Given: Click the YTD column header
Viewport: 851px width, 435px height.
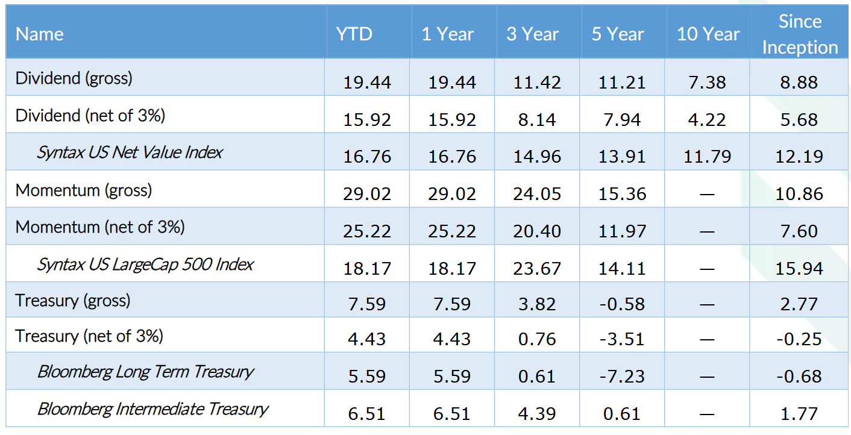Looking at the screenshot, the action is (354, 34).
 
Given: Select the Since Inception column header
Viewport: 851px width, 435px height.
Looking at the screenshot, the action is (800, 34).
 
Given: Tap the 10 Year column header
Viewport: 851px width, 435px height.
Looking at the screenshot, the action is (708, 34).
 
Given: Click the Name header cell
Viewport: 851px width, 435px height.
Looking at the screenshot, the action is (40, 34).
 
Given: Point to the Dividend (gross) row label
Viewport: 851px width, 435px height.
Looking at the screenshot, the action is (74, 79).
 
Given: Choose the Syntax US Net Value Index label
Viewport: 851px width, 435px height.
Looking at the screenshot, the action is (129, 152).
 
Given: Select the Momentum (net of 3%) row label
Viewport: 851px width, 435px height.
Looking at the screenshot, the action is (100, 227).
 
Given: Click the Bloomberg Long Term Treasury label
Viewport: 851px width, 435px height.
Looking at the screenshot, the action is (145, 372).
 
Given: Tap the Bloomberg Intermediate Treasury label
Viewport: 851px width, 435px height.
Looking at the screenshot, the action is (152, 409).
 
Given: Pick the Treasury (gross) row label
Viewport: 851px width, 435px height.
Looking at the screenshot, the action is (72, 301).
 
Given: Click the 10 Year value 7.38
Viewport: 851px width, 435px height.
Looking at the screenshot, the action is (707, 83).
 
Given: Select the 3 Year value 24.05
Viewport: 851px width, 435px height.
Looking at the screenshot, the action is (537, 194).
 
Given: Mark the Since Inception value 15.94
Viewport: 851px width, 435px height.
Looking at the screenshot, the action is (799, 269).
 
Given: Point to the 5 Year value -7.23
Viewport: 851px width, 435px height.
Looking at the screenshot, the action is (622, 377).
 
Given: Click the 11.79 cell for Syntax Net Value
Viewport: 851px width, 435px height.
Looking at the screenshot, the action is (707, 157).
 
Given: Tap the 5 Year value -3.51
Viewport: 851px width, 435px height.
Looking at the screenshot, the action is (622, 339).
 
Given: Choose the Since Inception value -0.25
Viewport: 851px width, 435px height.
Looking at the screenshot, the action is (799, 339).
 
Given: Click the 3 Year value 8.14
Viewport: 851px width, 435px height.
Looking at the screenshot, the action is (537, 120).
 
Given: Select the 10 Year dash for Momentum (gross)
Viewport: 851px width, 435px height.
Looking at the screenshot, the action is (707, 195).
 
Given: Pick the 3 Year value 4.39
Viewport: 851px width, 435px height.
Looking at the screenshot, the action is (537, 414).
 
